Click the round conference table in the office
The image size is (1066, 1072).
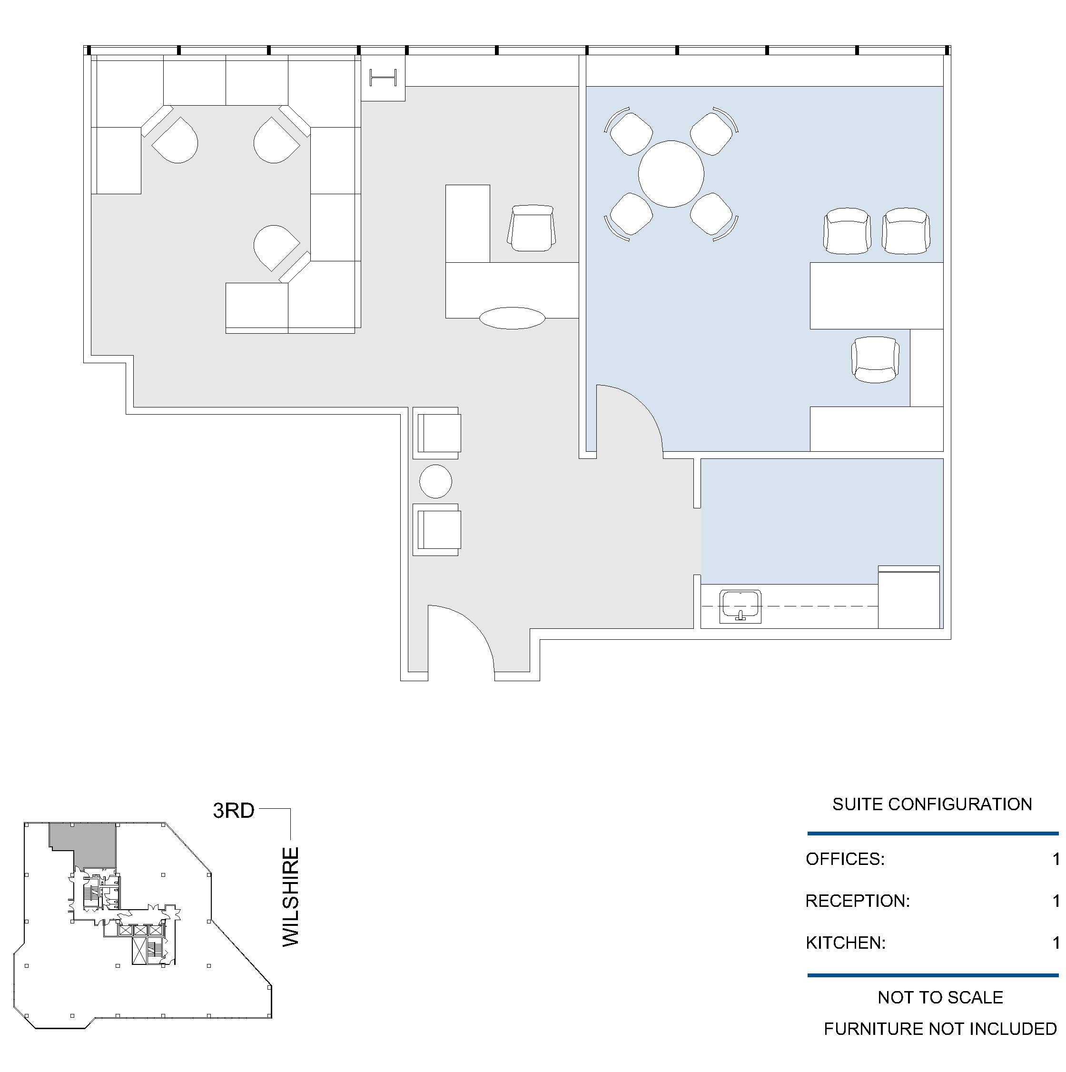tap(671, 174)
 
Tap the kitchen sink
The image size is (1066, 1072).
tap(740, 606)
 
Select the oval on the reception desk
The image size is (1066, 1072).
tap(512, 318)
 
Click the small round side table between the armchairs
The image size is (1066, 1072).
tap(435, 481)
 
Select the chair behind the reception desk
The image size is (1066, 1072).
tap(532, 228)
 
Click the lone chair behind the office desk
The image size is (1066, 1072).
tap(875, 359)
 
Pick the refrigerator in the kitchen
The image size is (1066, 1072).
tap(908, 597)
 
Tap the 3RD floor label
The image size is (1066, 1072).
tap(234, 811)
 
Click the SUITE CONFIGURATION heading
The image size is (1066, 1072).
tap(932, 804)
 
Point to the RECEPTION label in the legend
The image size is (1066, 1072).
tap(858, 901)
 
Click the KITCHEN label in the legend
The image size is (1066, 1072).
tap(845, 942)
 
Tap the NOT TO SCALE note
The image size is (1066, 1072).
tap(940, 997)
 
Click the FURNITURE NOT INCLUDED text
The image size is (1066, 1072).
tap(940, 1029)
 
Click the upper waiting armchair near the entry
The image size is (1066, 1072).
tap(436, 433)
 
